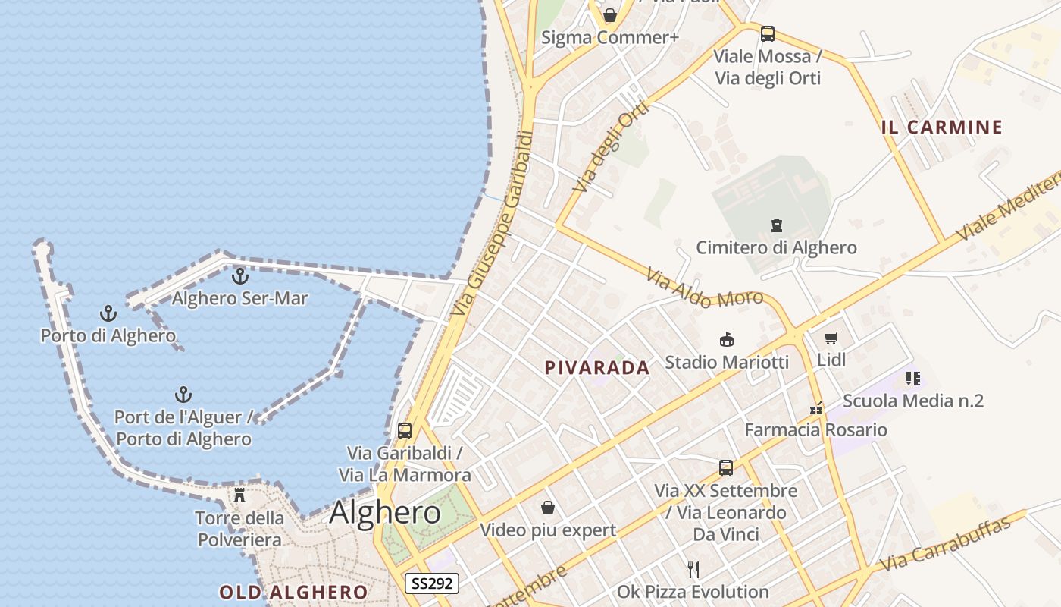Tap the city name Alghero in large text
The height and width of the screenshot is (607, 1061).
pyautogui.click(x=385, y=513)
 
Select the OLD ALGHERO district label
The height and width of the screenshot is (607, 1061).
pyautogui.click(x=293, y=592)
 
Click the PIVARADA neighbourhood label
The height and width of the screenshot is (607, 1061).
pyautogui.click(x=597, y=368)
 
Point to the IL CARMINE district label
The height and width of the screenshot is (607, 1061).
pyautogui.click(x=942, y=127)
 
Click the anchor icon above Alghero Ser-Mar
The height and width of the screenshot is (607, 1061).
pyautogui.click(x=240, y=276)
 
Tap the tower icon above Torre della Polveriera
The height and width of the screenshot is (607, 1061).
pyautogui.click(x=239, y=495)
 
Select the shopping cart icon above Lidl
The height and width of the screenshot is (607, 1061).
pyautogui.click(x=831, y=338)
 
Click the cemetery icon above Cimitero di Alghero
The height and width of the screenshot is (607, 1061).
pyautogui.click(x=776, y=225)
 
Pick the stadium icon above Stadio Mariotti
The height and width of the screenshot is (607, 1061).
pyautogui.click(x=726, y=339)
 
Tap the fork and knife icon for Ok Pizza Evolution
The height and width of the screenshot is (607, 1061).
pyautogui.click(x=693, y=569)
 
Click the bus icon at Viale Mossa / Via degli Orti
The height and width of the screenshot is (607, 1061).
pyautogui.click(x=767, y=33)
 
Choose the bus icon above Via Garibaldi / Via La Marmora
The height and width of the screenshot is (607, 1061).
pyautogui.click(x=405, y=431)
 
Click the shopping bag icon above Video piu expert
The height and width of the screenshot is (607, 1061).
pyautogui.click(x=547, y=507)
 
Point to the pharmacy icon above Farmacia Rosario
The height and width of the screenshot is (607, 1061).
pyautogui.click(x=815, y=408)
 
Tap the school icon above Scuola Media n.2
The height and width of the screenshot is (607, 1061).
pyautogui.click(x=912, y=378)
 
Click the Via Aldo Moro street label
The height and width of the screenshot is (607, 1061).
pyautogui.click(x=704, y=288)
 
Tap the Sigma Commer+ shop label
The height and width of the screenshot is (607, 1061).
pyautogui.click(x=609, y=37)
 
